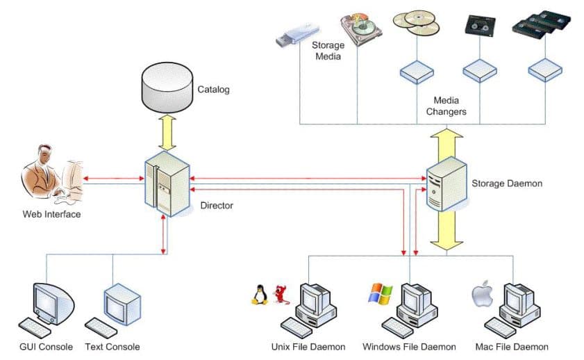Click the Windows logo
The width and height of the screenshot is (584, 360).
[x=379, y=293]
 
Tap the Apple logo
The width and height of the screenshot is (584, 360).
[x=482, y=295]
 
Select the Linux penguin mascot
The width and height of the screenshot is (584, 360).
[x=260, y=294]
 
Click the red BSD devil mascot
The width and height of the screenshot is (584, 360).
[x=281, y=294]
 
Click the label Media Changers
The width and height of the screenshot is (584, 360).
[x=445, y=106]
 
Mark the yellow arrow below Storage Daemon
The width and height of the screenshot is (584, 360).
[x=445, y=229]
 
